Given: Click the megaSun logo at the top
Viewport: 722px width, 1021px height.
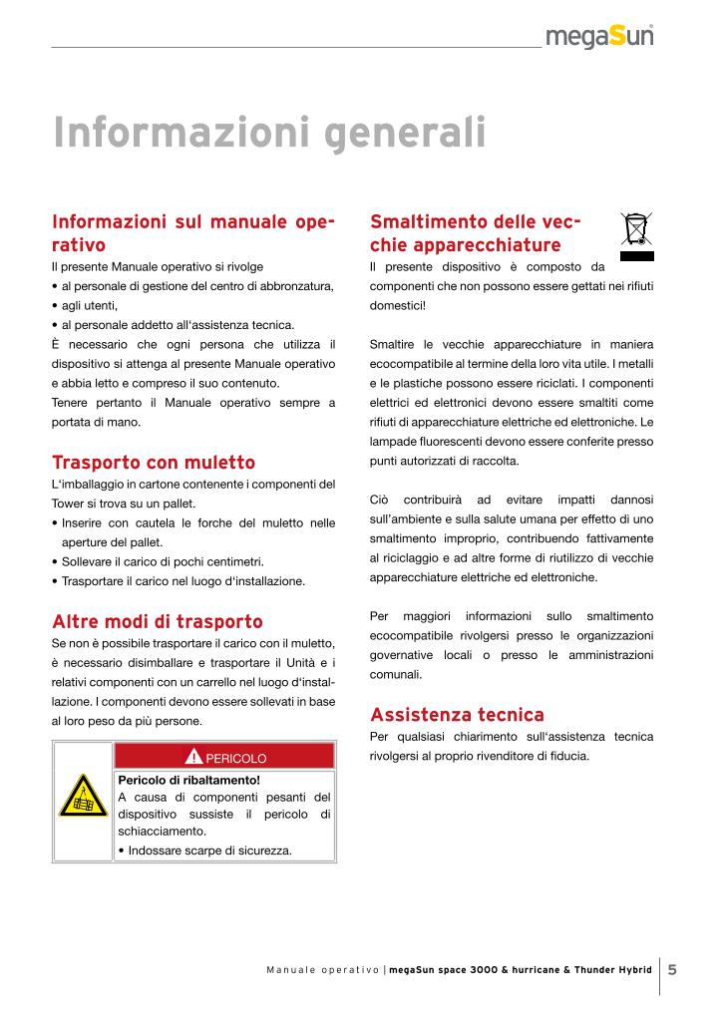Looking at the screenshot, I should [598, 37].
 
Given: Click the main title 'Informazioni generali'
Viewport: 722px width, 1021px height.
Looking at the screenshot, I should [269, 133].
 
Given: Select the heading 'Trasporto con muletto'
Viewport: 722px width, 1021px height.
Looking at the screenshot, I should [154, 463].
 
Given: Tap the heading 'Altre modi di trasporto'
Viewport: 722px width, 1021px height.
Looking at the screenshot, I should [158, 622].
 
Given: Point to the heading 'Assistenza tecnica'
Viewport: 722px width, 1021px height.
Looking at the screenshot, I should [457, 715].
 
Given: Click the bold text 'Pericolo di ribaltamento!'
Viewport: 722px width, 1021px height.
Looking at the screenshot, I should [188, 780].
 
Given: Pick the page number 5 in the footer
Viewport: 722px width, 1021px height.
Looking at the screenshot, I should [672, 969].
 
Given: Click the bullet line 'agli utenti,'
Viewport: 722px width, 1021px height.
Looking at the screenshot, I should [90, 305].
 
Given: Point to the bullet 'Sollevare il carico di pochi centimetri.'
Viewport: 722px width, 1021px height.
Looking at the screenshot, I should [163, 561].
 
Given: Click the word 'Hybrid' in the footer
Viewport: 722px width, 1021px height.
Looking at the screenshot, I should [632, 970].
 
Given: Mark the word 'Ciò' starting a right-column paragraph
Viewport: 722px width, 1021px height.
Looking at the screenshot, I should [379, 499].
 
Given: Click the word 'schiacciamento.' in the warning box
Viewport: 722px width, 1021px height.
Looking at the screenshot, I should [163, 831].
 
